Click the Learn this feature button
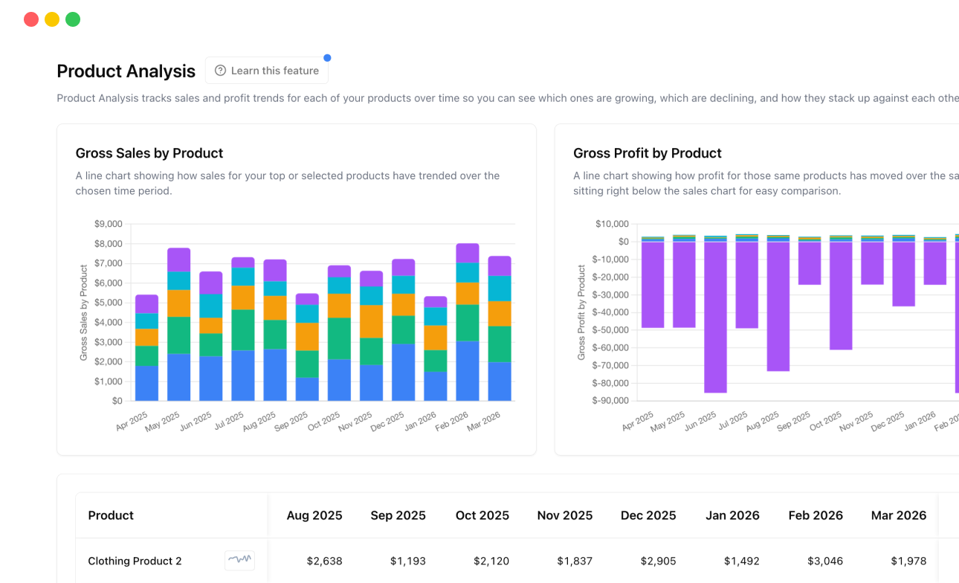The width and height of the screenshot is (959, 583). tap(267, 71)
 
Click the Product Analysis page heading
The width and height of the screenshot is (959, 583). tap(126, 71)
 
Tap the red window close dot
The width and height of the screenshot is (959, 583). tap(31, 19)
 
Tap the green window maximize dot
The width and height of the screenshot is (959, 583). tap(73, 19)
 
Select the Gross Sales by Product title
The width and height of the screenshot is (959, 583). tap(149, 153)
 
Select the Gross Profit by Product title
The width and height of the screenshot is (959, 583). tap(648, 153)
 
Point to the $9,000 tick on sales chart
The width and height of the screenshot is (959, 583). tap(108, 224)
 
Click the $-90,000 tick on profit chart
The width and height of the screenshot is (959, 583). tap(609, 401)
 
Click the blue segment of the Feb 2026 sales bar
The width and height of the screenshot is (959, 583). tap(467, 371)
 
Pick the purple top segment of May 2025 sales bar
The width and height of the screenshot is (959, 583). tap(178, 260)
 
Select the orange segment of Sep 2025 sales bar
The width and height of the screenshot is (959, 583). tap(307, 336)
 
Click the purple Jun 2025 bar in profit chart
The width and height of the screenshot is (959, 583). tap(715, 317)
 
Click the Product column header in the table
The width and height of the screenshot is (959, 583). tap(111, 515)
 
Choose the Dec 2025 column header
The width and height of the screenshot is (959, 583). tap(648, 515)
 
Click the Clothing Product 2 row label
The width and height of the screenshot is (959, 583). tap(135, 561)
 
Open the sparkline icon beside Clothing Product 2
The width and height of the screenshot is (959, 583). tap(239, 560)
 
